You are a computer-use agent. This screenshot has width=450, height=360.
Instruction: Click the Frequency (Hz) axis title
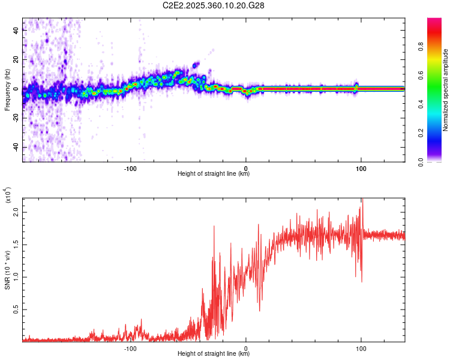coord(7,90)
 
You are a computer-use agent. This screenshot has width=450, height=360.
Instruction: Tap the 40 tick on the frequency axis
coord(16,31)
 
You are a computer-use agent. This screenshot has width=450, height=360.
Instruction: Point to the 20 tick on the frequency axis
coord(16,60)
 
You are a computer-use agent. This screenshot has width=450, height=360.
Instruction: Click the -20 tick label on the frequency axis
coord(16,118)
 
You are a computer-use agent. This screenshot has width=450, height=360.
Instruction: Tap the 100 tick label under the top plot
coord(361,167)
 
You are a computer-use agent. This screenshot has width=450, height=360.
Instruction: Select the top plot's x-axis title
coord(214,174)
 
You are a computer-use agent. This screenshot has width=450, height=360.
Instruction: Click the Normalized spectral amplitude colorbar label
coord(446,90)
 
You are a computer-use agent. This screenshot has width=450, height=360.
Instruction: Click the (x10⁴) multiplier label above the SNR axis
coord(7,195)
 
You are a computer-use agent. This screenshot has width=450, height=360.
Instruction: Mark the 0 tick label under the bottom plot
coord(246,348)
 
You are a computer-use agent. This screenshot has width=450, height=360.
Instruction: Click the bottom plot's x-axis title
coord(214,354)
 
